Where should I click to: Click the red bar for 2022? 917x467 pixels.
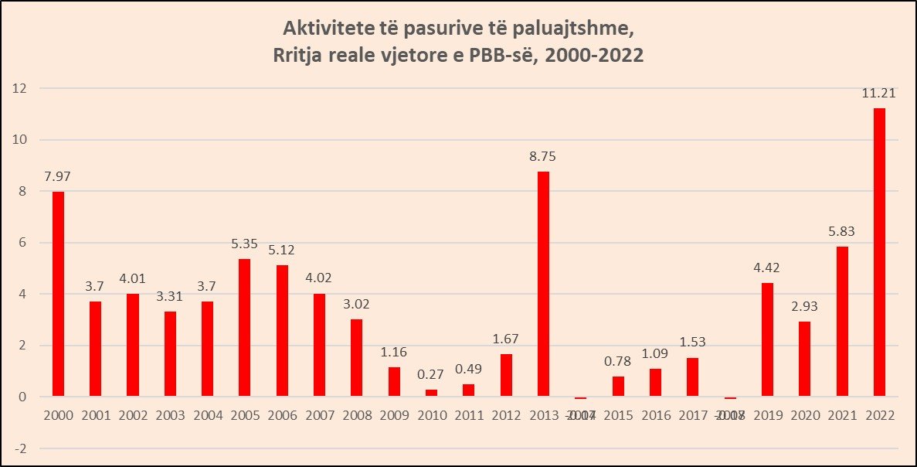[x=879, y=252]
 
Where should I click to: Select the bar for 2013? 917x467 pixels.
[x=543, y=284]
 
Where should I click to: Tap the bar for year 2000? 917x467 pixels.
[x=58, y=294]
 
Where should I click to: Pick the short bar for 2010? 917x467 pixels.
[x=431, y=393]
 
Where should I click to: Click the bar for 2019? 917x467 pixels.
[x=767, y=339]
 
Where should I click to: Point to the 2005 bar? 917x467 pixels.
[x=244, y=328]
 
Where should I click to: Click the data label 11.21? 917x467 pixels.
[x=879, y=94]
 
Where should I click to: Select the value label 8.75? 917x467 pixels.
[x=543, y=156]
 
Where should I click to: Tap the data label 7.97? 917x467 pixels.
[x=58, y=176]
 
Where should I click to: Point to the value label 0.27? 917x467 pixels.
[x=431, y=375]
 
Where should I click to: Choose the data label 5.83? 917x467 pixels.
[x=841, y=231]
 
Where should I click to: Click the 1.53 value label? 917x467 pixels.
[x=692, y=342]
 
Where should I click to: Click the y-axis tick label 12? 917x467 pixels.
[x=20, y=88]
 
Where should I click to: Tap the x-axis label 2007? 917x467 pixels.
[x=319, y=414]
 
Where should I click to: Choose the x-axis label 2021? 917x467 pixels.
[x=841, y=414]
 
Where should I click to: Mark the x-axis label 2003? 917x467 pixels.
[x=170, y=414]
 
